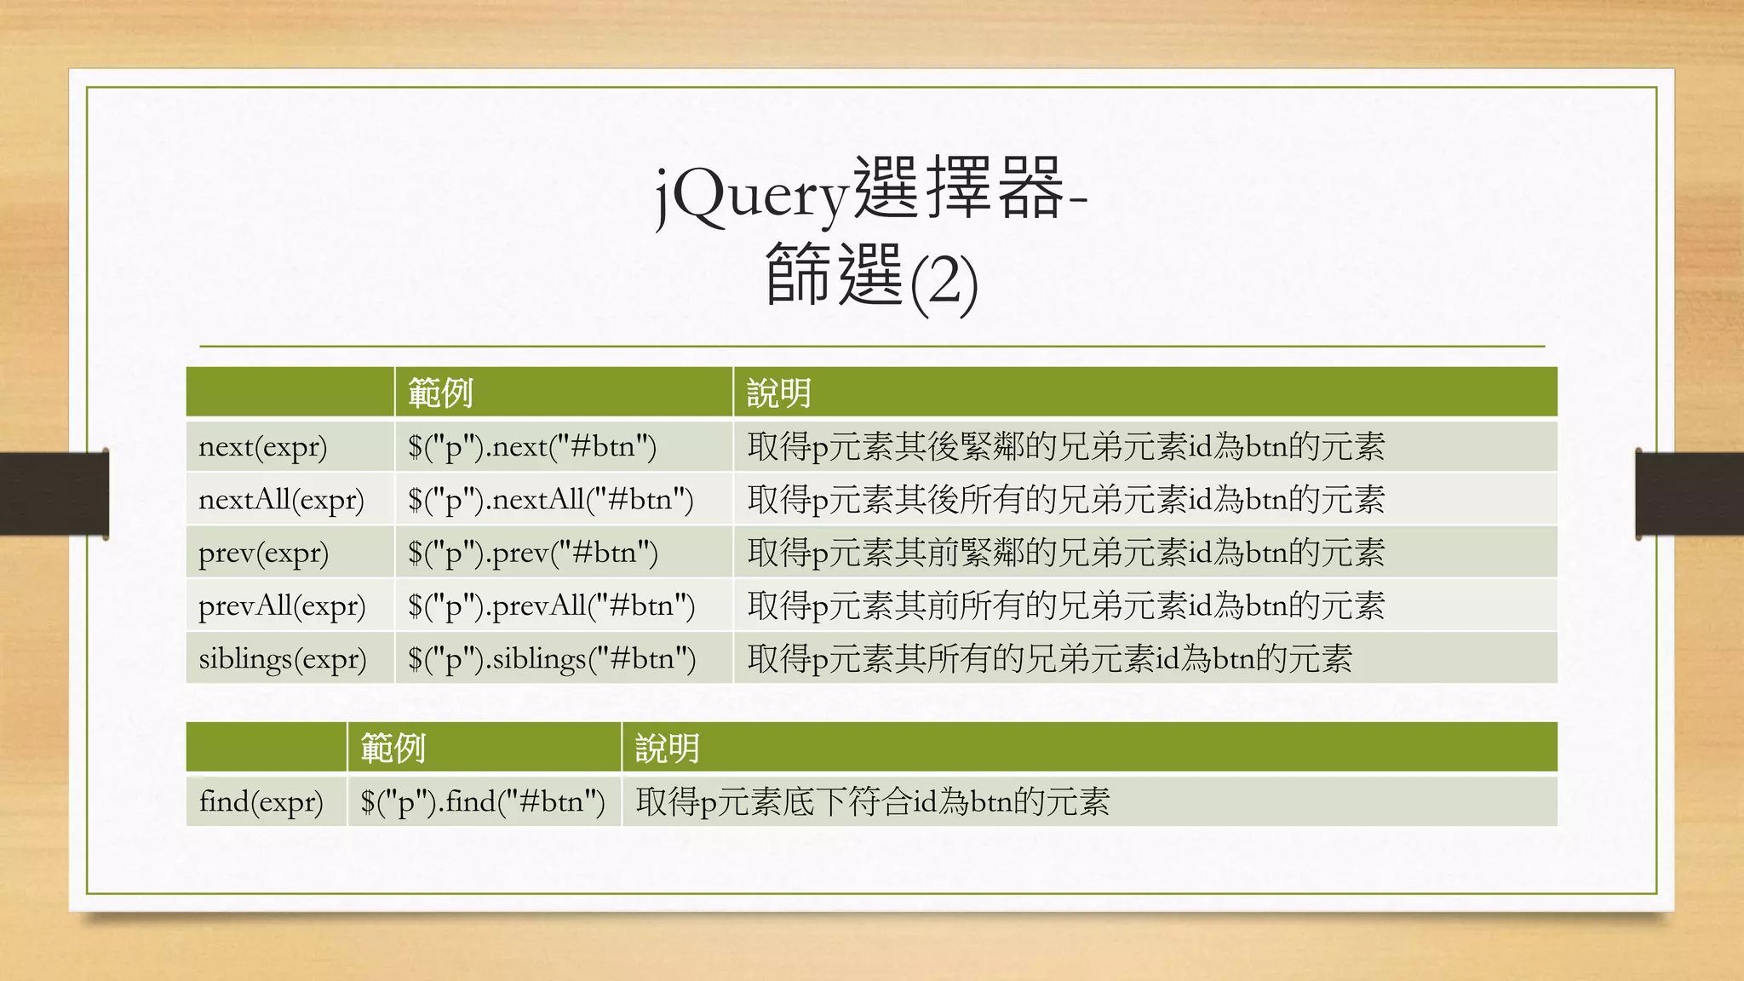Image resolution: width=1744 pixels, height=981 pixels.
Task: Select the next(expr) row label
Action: point(262,446)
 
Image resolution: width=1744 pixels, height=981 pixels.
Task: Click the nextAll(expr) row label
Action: point(281,499)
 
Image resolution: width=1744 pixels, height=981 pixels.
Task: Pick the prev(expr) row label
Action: point(263,553)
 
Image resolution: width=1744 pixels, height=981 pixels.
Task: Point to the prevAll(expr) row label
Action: point(282,605)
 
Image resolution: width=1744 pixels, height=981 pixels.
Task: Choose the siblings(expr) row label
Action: point(283,658)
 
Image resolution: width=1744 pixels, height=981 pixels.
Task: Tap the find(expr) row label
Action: point(261,801)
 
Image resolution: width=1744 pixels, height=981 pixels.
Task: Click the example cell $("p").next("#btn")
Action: point(532,446)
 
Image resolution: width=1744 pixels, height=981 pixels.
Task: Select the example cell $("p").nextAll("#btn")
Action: point(550,499)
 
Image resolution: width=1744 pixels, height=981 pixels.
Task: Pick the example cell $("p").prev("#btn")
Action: point(533,553)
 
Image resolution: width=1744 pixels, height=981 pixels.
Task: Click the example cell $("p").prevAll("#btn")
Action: point(551,605)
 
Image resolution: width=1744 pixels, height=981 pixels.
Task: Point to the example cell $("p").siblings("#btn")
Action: point(552,658)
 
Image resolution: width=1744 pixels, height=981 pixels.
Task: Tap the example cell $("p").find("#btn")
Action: point(483,801)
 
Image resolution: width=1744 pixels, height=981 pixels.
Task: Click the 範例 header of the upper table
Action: point(440,393)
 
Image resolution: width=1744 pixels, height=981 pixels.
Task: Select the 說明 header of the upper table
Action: point(778,393)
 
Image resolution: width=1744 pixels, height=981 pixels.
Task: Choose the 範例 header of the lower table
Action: point(393,748)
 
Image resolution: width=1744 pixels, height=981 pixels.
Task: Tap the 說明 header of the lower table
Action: point(667,748)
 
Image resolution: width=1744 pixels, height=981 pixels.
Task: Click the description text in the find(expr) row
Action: point(873,801)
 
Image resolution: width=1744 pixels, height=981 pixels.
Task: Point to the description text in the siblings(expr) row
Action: point(1049,658)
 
